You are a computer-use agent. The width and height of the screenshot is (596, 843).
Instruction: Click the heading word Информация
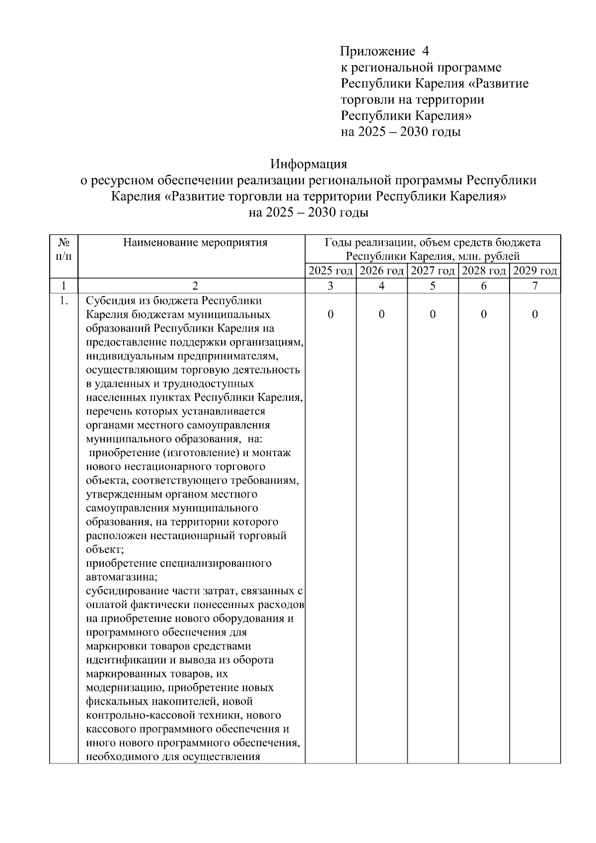pos(308,164)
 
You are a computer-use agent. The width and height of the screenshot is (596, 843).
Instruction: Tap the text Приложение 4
pos(384,51)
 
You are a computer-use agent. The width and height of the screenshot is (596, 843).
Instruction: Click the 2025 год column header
pos(330,271)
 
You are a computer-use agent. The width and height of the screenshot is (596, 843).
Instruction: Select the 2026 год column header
pos(381,271)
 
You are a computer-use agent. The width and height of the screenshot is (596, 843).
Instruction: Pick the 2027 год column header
pos(433,271)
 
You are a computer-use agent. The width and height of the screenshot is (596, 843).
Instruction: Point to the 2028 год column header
pos(484,271)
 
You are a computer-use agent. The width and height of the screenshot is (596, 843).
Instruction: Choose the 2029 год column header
pos(535,271)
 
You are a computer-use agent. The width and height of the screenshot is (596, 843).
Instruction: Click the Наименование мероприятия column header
pos(195,243)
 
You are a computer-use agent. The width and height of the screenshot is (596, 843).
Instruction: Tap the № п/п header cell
pos(63,250)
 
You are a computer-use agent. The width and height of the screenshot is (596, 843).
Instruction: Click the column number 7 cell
pos(535,286)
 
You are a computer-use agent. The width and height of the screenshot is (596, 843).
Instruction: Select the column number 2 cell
pos(195,286)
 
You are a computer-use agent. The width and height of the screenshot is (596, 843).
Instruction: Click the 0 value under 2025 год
pos(330,314)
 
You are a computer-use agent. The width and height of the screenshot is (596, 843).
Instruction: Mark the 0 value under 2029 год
pos(535,314)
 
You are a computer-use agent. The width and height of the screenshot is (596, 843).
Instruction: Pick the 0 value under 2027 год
pos(433,314)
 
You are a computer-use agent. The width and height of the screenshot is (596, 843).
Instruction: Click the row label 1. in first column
pos(63,301)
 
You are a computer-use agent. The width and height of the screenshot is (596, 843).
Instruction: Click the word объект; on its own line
pos(105,550)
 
